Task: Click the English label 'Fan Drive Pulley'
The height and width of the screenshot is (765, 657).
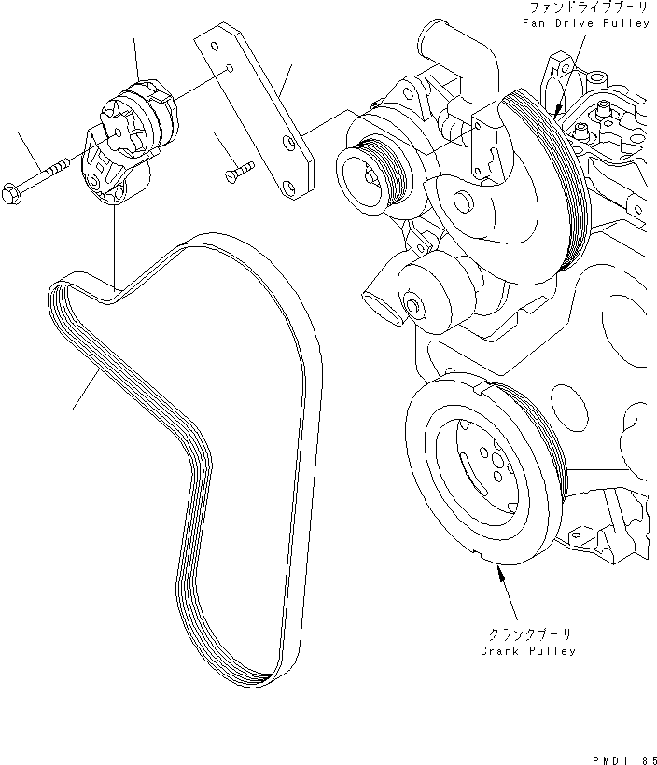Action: pyautogui.click(x=586, y=22)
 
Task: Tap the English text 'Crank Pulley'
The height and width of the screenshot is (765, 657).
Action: pyautogui.click(x=527, y=650)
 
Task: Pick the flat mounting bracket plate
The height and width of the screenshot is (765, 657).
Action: pyautogui.click(x=257, y=117)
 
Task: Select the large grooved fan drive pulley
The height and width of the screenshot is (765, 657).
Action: pyautogui.click(x=546, y=177)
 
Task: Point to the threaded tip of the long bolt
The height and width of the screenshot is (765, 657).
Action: pyautogui.click(x=63, y=164)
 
